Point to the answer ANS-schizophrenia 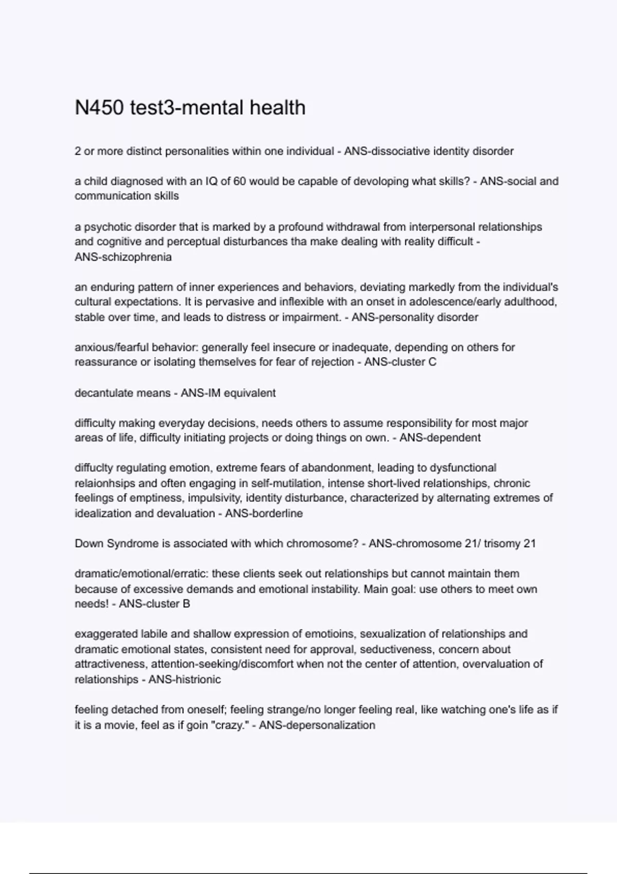click(x=123, y=257)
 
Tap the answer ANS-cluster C click(x=400, y=362)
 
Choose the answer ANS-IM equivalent click(x=228, y=393)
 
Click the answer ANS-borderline click(x=263, y=513)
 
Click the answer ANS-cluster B click(x=154, y=604)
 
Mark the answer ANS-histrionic click(x=185, y=680)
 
